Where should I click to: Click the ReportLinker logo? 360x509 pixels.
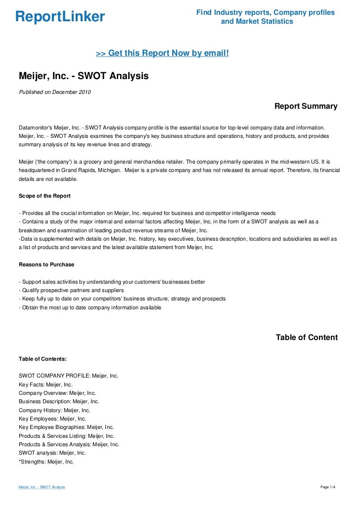point(60,17)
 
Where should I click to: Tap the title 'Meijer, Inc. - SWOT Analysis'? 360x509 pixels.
point(84,77)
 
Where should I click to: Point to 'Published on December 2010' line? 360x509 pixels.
point(55,92)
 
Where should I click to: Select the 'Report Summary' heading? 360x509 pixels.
point(306,106)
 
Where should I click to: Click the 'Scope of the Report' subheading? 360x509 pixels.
point(45,196)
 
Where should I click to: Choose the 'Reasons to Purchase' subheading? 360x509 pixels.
point(46,264)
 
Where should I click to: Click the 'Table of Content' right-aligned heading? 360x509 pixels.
point(307,338)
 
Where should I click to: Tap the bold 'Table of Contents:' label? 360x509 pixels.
point(43,359)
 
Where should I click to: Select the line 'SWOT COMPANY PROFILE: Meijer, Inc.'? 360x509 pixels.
point(69,376)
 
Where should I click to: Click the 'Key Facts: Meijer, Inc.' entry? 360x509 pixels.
point(45,384)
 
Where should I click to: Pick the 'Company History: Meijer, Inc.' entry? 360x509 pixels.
point(54,410)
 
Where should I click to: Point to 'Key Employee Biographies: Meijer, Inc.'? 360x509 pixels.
point(66,427)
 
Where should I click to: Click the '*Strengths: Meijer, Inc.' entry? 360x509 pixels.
point(46,462)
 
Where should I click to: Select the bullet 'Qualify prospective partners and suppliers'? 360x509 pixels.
point(71,290)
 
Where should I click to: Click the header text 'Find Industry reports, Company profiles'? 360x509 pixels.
point(265,12)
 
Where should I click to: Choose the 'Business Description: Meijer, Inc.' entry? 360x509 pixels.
point(59,402)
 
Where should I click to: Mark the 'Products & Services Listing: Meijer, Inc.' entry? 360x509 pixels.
point(67,436)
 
